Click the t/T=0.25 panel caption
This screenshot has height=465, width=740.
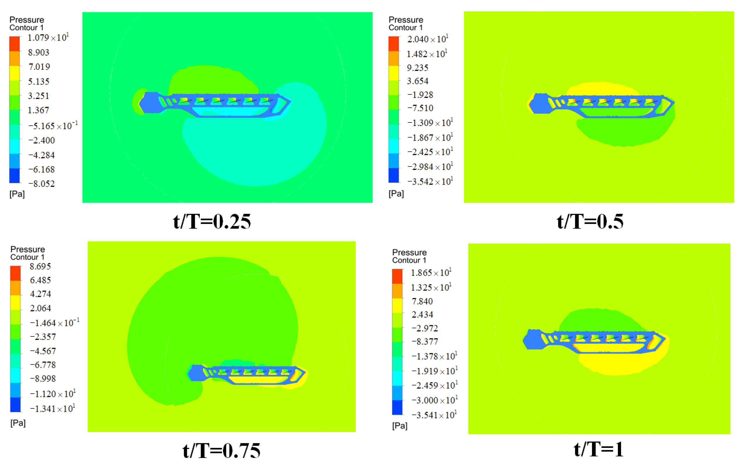(x=212, y=222)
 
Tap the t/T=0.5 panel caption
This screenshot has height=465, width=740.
(x=590, y=222)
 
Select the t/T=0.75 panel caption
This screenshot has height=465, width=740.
(x=221, y=450)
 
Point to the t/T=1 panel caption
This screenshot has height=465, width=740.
(x=598, y=449)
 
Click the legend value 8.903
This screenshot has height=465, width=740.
(x=39, y=53)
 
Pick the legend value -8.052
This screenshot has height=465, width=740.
(x=42, y=184)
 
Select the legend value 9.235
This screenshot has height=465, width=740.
(x=417, y=68)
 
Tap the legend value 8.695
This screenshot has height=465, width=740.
(x=40, y=266)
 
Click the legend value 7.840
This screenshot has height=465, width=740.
(x=422, y=302)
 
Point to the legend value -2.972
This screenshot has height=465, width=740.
(x=425, y=328)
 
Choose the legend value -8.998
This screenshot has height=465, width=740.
(x=42, y=379)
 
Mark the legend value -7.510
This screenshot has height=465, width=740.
(x=420, y=108)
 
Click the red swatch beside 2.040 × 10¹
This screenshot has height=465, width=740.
(x=393, y=44)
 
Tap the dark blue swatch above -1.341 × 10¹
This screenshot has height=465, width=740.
(x=15, y=405)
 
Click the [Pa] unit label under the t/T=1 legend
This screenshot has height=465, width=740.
(x=400, y=426)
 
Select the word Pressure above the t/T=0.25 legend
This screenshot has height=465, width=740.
(x=27, y=20)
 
